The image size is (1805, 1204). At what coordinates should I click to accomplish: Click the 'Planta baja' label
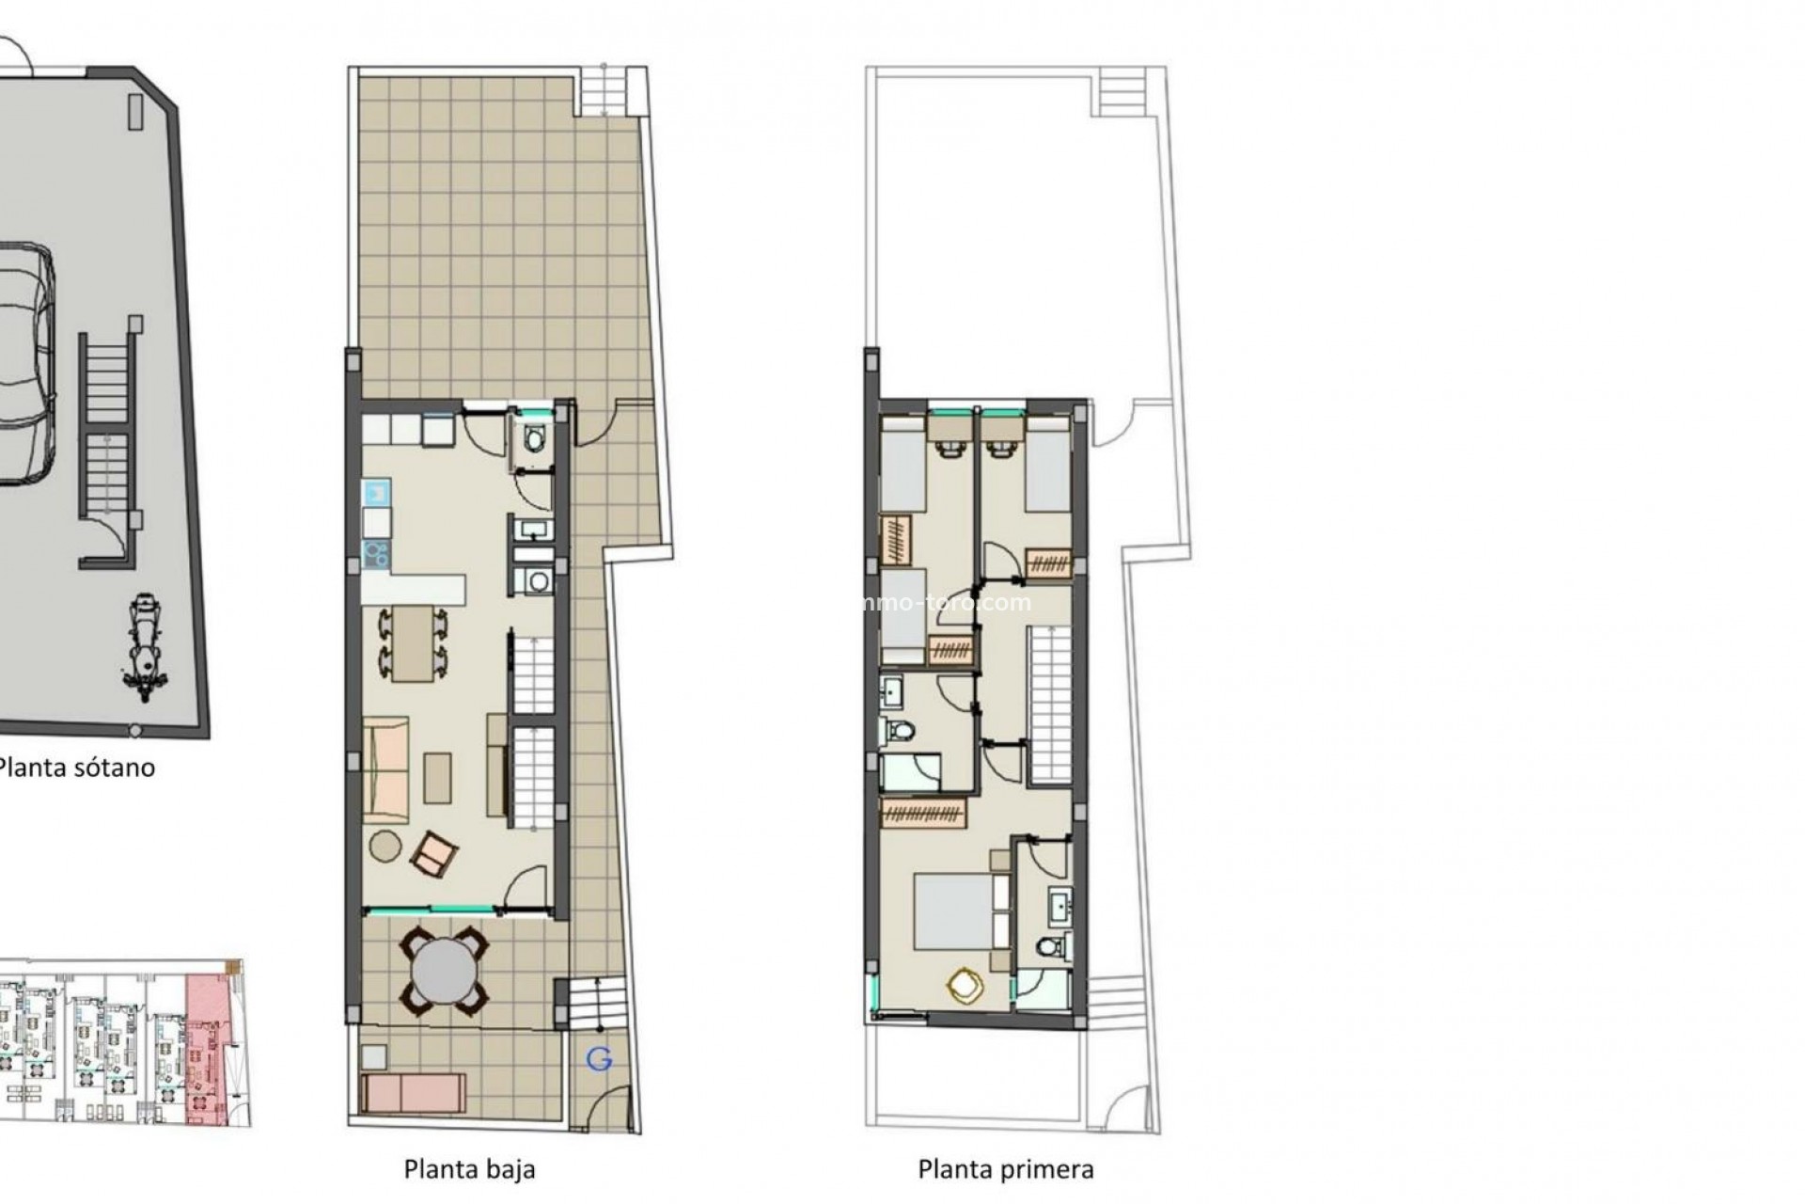[469, 1169]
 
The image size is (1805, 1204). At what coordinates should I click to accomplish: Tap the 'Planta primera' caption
[1005, 1169]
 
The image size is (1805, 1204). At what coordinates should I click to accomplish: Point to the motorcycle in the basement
[144, 647]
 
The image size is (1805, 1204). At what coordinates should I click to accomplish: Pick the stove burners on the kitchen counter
[376, 553]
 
